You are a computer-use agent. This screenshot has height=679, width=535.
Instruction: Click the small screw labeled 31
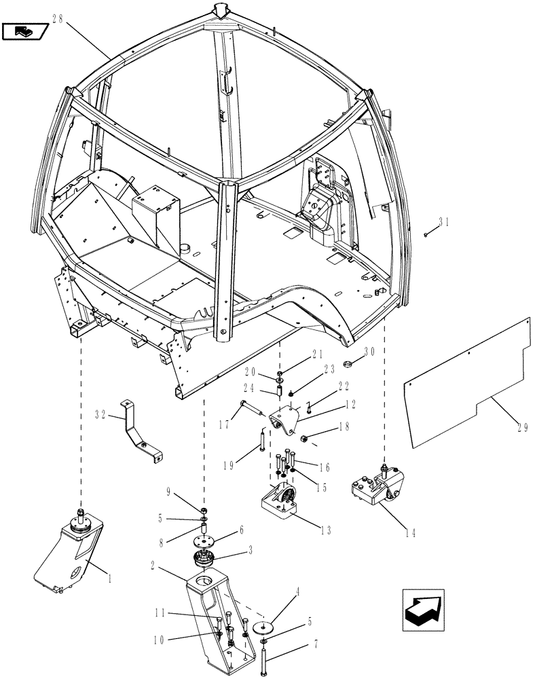426,234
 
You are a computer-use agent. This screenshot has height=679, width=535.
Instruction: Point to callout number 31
444,221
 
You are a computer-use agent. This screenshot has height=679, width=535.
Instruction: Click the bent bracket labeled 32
140,430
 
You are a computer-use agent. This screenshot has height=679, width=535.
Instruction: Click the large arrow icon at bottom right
422,605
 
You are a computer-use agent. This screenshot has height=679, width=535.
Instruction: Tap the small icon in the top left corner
26,30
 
